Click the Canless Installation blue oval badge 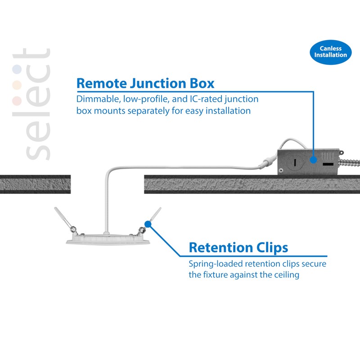pyautogui.click(x=330, y=52)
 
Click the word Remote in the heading pyautogui.click(x=102, y=83)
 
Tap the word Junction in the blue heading pyautogui.click(x=158, y=83)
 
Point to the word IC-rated pyautogui.click(x=206, y=99)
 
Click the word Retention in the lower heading pyautogui.click(x=220, y=247)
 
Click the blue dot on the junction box pyautogui.click(x=313, y=160)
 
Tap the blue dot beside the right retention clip pyautogui.click(x=148, y=224)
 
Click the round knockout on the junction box pyautogui.click(x=295, y=162)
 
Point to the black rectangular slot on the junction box pyautogui.click(x=328, y=164)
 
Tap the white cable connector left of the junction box pyautogui.click(x=267, y=162)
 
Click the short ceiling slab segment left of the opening pyautogui.click(x=36, y=184)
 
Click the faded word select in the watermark pyautogui.click(x=31, y=104)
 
